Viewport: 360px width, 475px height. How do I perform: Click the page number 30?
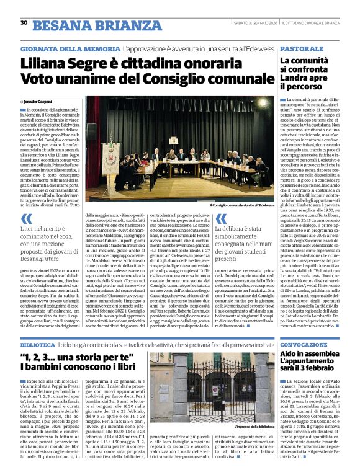(24, 22)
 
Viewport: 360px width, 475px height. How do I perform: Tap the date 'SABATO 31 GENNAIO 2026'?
(251, 23)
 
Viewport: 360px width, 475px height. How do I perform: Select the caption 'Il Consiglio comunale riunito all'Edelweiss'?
(242, 205)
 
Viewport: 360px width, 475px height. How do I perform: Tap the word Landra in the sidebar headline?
(279, 79)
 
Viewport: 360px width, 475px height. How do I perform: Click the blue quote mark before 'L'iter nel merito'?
(26, 219)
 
